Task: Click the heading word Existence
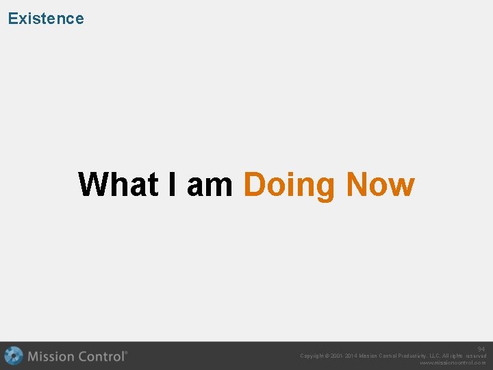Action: [46, 18]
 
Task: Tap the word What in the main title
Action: [118, 184]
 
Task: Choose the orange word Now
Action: [380, 184]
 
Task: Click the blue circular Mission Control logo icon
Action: [13, 356]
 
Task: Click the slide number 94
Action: [481, 349]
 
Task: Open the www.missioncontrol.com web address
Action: [453, 363]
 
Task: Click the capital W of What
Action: [91, 184]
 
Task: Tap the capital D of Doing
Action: [254, 184]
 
